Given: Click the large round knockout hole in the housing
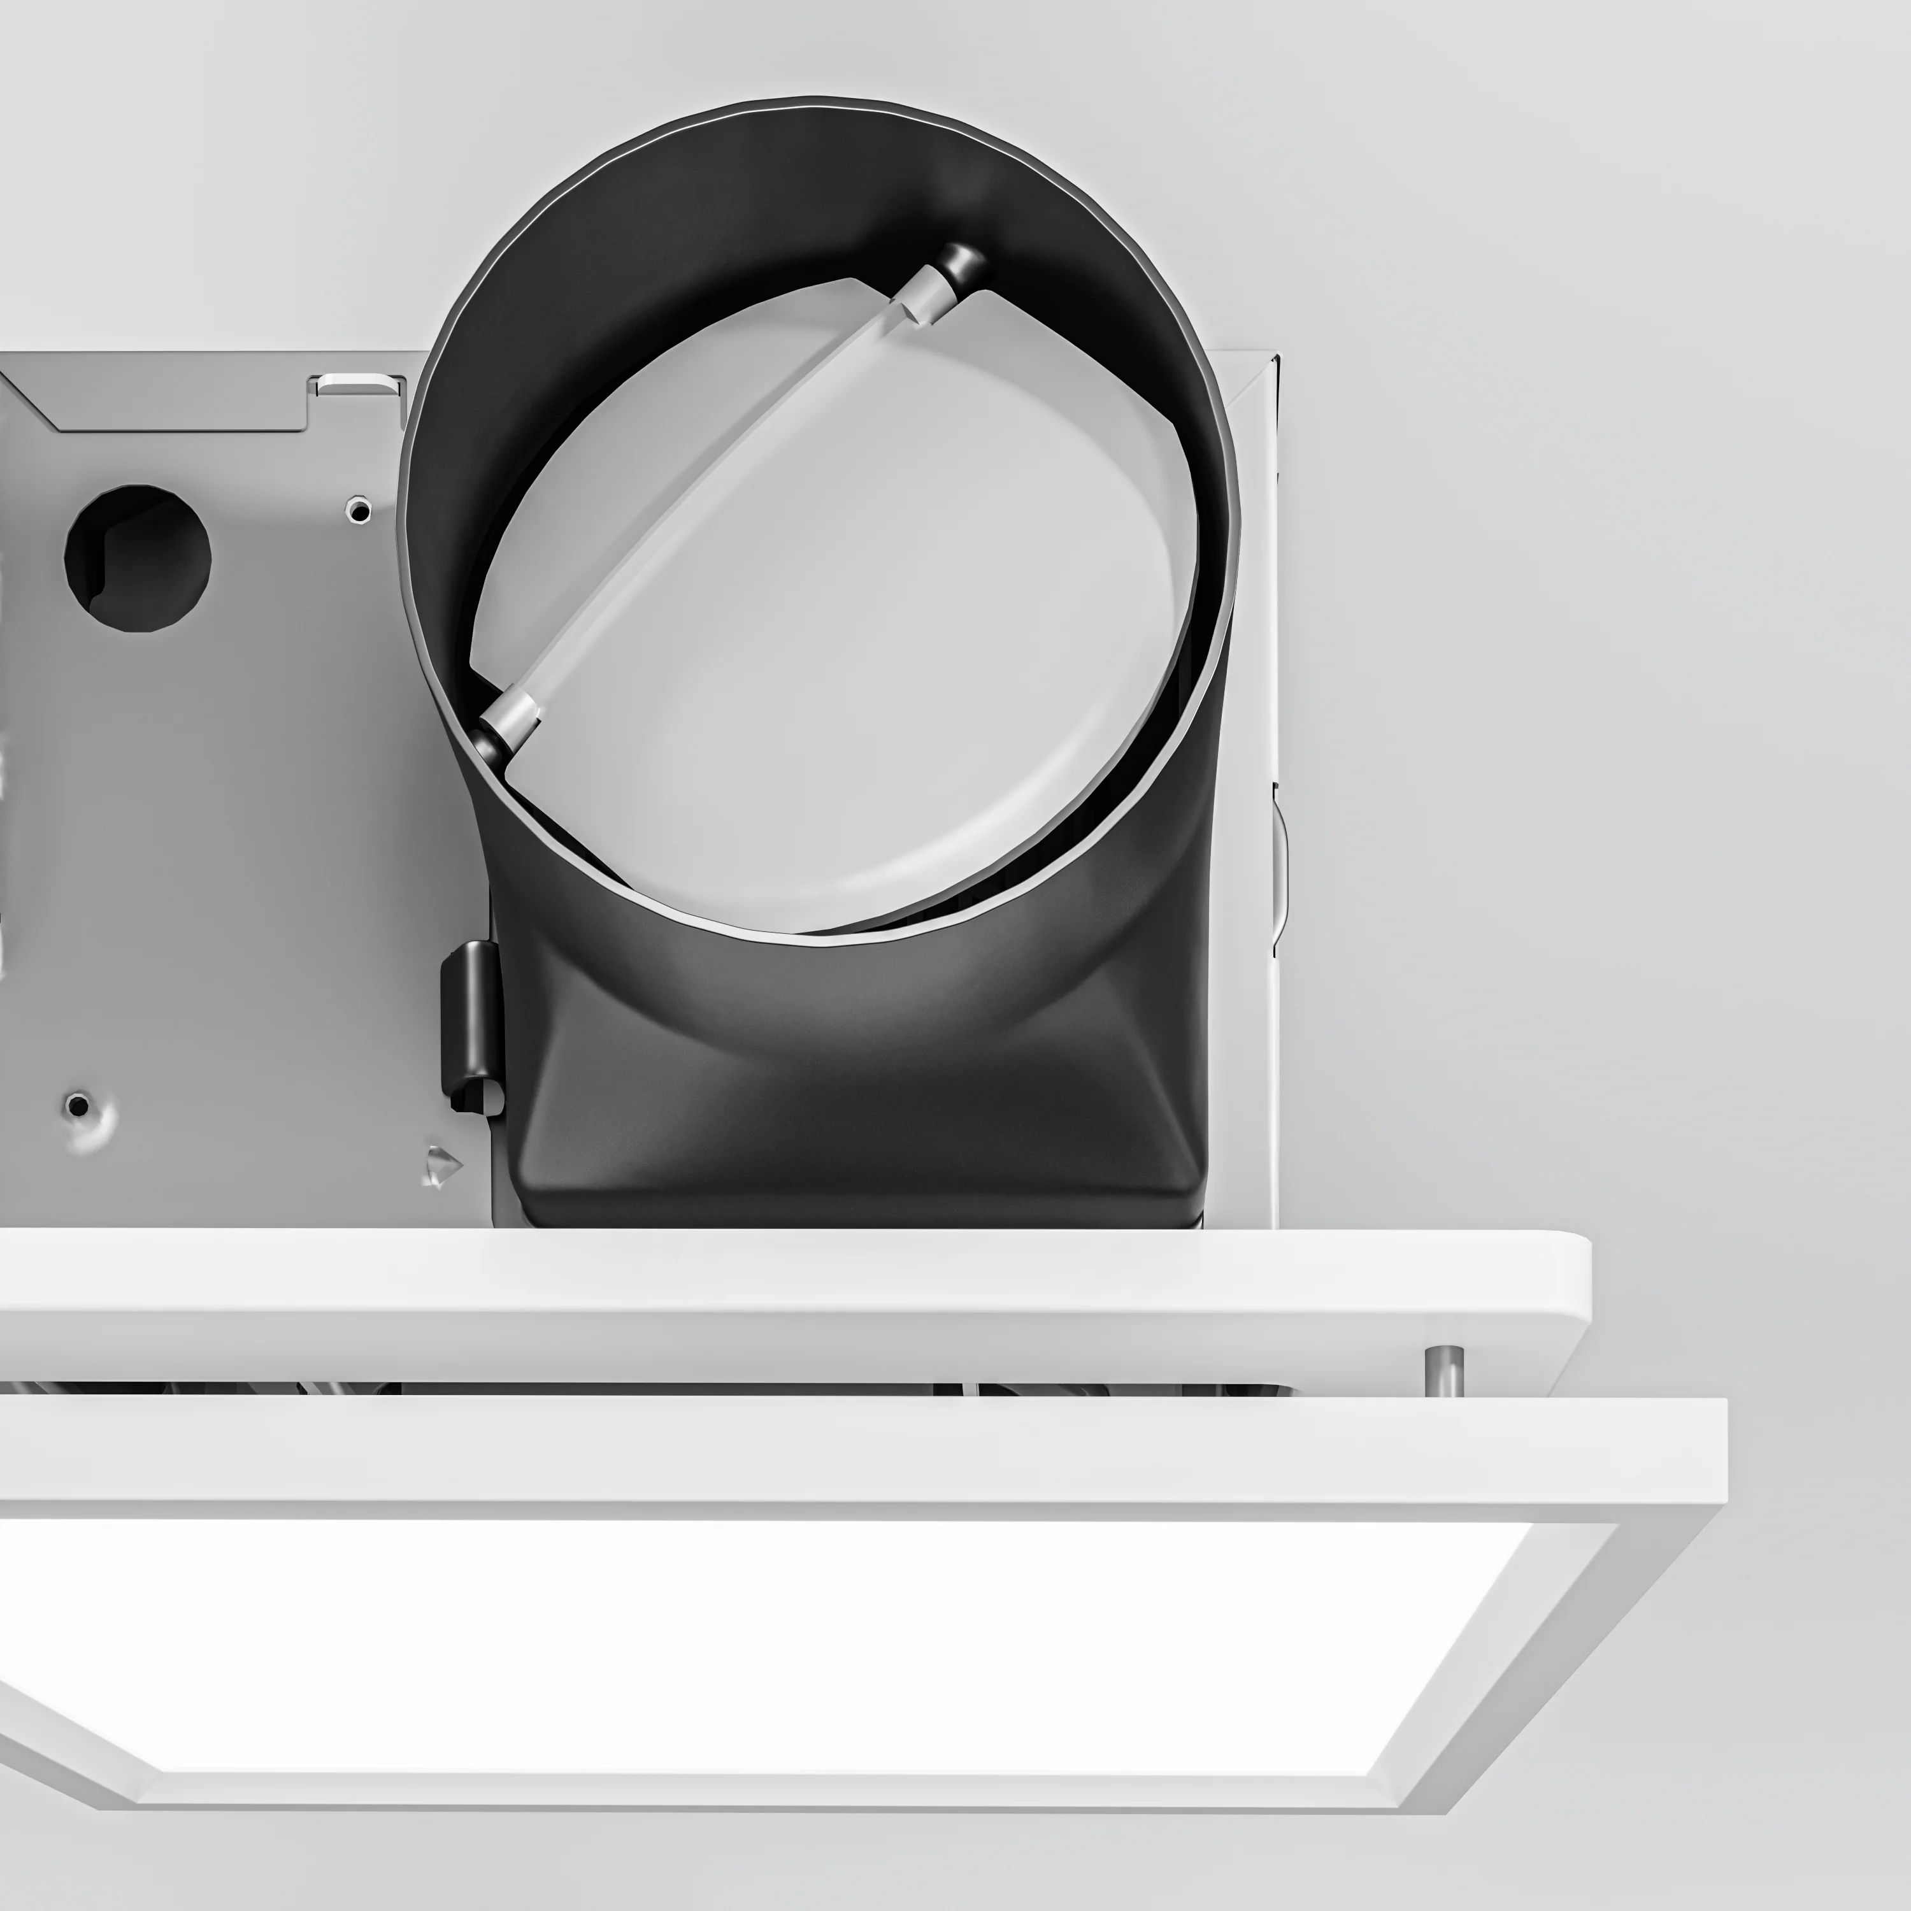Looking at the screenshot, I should [138, 557].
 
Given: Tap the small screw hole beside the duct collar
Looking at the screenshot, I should [359, 510].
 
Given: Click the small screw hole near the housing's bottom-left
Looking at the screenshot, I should [77, 1104].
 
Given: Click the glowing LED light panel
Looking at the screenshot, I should [752, 1642].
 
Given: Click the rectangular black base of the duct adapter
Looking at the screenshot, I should [861, 1138].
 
